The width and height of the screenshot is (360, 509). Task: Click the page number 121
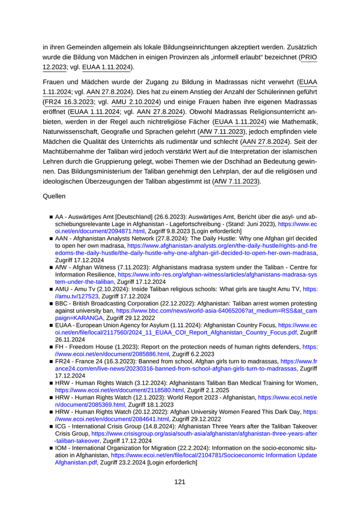pyautogui.click(x=179, y=482)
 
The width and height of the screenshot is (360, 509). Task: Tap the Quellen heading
pyautogui.click(x=53, y=196)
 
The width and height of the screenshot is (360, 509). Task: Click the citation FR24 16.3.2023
pyautogui.click(x=64, y=102)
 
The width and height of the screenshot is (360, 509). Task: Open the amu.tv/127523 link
pyautogui.click(x=72, y=297)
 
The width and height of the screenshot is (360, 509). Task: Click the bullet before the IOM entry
pyautogui.click(x=52, y=449)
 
